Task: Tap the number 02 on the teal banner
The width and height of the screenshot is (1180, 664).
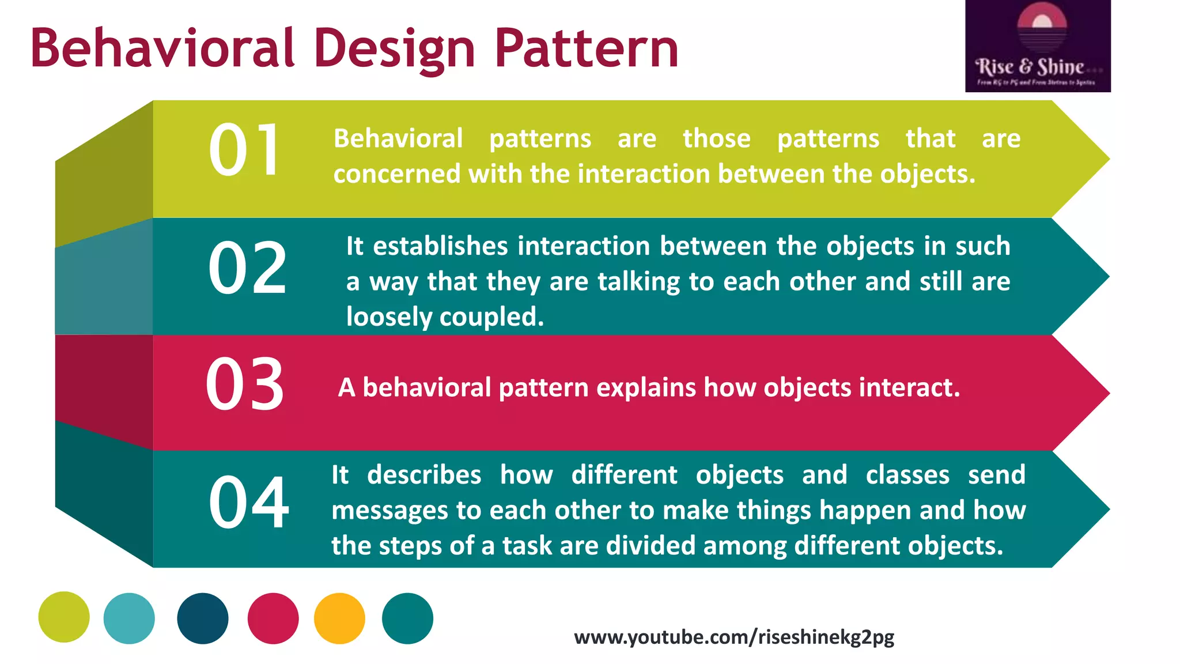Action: (x=247, y=268)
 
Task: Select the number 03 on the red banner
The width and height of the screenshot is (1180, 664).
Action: (x=245, y=384)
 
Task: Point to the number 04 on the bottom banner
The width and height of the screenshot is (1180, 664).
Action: (x=248, y=502)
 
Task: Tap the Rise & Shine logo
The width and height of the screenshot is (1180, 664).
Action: (x=1038, y=46)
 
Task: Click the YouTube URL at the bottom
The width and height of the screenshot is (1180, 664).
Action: (x=734, y=637)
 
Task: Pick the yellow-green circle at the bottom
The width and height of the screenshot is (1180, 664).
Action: (x=64, y=617)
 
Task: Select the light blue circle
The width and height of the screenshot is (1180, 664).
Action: (x=129, y=618)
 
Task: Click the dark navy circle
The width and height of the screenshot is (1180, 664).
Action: (x=203, y=618)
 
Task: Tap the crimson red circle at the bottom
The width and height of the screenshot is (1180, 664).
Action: (x=273, y=618)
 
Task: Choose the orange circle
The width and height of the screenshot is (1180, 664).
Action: (x=339, y=618)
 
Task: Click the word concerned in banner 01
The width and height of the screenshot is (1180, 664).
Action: (x=397, y=174)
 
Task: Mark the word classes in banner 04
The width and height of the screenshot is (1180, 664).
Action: (x=907, y=475)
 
